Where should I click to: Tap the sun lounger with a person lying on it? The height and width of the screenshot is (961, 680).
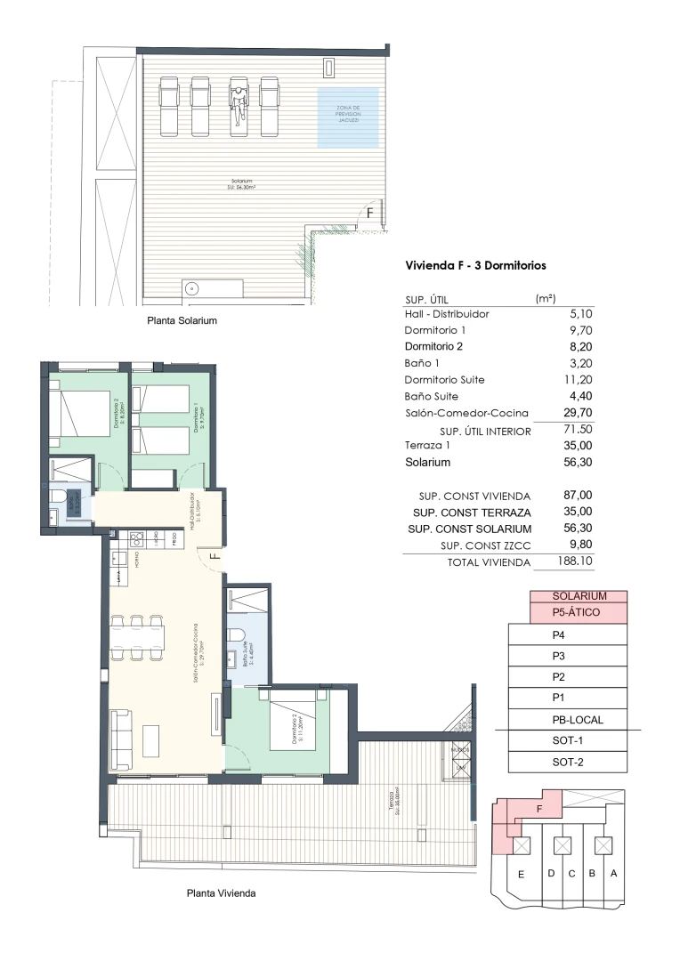[239, 105]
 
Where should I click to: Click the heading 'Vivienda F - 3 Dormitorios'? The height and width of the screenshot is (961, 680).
[475, 265]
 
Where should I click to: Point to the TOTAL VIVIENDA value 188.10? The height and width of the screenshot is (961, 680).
[575, 561]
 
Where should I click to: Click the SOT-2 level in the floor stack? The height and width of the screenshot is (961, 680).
[567, 763]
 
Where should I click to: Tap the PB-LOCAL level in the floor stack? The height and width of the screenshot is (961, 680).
[567, 720]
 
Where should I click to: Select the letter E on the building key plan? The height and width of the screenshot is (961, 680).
[521, 874]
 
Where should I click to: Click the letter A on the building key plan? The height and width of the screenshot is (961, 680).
[612, 873]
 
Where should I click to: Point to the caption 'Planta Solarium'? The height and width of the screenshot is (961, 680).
[182, 320]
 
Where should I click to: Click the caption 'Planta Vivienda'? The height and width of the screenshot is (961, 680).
[221, 892]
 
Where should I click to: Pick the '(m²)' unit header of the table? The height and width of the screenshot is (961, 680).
[546, 299]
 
